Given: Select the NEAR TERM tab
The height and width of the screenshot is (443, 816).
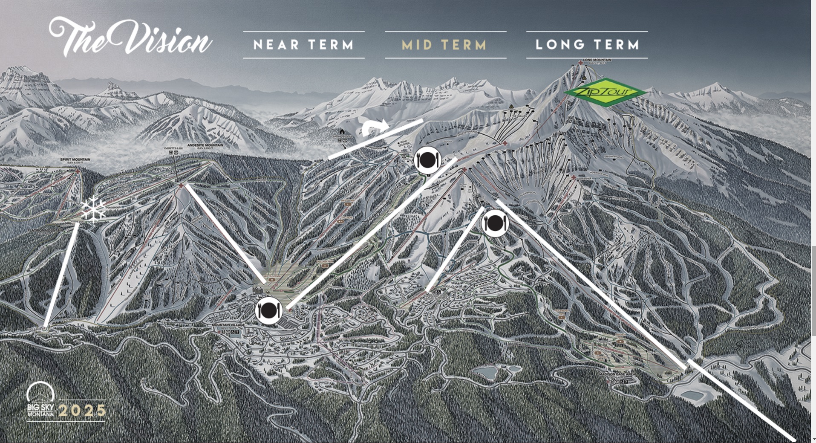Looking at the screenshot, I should [x=304, y=45].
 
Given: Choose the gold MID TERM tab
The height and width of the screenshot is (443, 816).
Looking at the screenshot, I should [x=445, y=45].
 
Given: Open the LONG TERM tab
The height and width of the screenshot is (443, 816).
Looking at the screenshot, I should [x=587, y=45].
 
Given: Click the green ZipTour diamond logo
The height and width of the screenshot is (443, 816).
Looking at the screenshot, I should [x=605, y=92].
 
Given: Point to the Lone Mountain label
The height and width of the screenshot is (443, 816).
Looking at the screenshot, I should [x=597, y=60].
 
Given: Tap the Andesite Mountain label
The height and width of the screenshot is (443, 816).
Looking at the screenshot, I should [x=205, y=145].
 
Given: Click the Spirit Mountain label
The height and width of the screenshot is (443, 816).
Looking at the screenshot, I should [x=75, y=160].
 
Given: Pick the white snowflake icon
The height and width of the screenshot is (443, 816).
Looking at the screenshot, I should [x=93, y=209].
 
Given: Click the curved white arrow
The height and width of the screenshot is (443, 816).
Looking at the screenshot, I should [x=375, y=127].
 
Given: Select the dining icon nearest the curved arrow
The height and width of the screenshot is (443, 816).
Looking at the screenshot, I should [x=427, y=160].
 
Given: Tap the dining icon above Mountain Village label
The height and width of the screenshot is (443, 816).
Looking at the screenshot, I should [x=269, y=311].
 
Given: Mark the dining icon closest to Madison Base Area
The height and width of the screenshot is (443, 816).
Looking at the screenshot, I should [x=495, y=223].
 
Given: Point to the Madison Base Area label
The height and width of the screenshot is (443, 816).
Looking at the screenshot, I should [x=616, y=374].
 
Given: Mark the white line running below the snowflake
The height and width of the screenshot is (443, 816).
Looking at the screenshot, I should [x=61, y=275].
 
